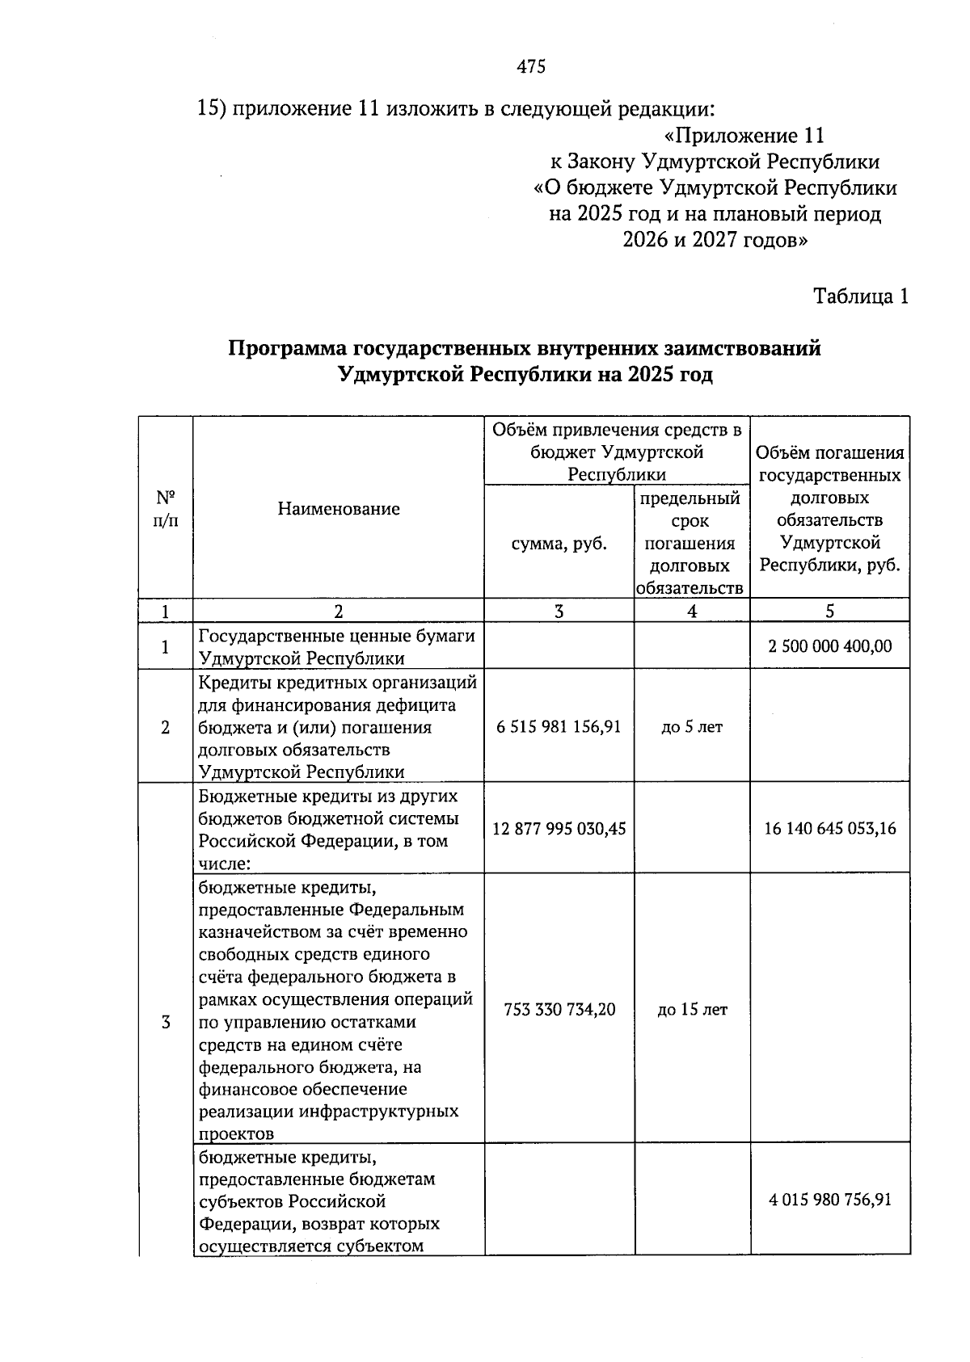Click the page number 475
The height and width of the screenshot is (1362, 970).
(531, 67)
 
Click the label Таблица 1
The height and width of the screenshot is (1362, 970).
(861, 296)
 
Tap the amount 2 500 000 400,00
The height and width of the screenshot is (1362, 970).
(830, 646)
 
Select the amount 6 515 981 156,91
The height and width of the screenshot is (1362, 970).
(559, 727)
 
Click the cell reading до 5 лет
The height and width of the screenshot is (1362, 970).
(692, 727)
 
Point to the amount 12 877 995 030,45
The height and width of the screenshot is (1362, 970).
(559, 828)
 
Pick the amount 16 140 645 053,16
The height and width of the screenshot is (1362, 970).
(830, 828)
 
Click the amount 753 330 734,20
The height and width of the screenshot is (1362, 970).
(559, 1009)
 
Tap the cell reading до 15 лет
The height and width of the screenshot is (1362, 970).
(692, 1009)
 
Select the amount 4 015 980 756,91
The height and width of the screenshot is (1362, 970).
(830, 1200)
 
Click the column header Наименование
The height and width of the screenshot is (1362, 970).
(339, 509)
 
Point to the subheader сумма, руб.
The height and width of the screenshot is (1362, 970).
(559, 544)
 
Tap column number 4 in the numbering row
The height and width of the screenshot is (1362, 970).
(692, 612)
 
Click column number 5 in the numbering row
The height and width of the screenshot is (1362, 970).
(830, 612)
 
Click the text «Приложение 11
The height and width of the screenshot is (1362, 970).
(743, 136)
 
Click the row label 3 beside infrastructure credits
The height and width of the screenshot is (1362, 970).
(166, 1023)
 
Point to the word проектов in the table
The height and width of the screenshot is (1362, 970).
(237, 1133)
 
